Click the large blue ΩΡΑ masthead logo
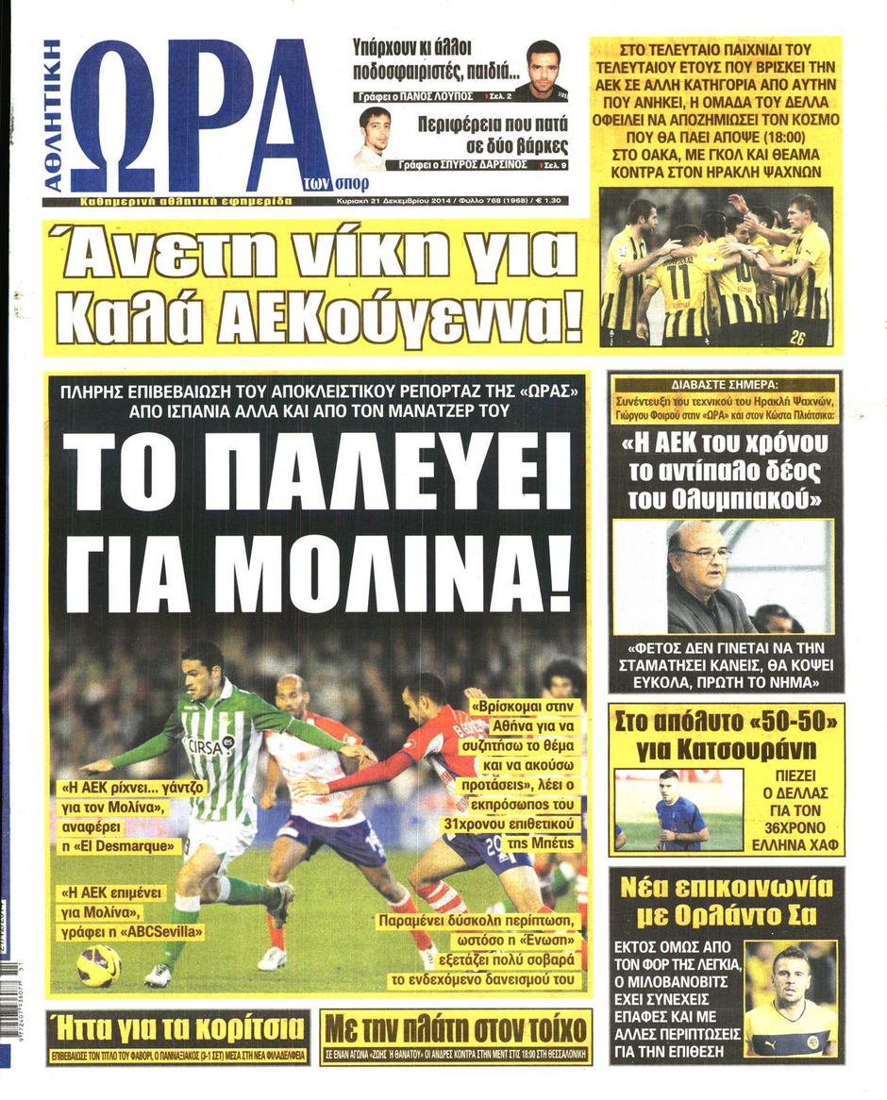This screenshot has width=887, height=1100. point(193,115)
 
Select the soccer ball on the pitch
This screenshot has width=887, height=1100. point(98,964)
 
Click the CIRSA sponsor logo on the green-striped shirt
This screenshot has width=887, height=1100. point(209,745)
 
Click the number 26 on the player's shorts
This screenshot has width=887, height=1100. point(797,335)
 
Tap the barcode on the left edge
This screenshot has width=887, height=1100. point(8,1009)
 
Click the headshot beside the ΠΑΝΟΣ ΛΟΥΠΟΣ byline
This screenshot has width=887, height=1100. point(542,68)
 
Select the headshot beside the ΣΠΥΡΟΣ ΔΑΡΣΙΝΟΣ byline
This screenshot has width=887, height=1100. point(373,138)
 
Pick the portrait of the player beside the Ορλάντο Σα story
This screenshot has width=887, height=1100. point(790,997)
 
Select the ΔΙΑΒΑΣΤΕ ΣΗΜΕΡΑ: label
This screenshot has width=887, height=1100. point(725,385)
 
